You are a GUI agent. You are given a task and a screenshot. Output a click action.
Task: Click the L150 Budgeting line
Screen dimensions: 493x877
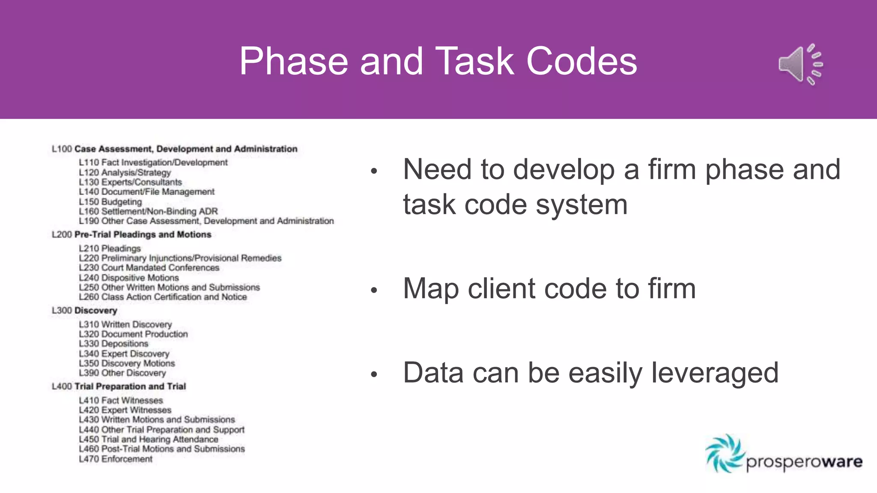(110, 202)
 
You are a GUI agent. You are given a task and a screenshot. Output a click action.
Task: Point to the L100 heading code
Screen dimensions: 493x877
(62, 149)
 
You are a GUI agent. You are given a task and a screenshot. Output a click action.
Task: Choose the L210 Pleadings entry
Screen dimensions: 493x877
(110, 248)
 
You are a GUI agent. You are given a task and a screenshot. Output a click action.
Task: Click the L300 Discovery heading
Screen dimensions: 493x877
(84, 311)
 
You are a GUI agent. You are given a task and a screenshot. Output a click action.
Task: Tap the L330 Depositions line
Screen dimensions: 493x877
(113, 344)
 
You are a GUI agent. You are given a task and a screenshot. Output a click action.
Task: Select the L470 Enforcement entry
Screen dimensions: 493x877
(116, 459)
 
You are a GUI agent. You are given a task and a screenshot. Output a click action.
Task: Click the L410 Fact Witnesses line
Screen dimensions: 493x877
(121, 400)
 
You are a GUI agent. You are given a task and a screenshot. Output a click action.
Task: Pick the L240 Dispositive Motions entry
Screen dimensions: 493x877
(128, 278)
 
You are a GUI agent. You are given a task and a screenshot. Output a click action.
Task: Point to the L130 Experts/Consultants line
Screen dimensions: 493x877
(130, 182)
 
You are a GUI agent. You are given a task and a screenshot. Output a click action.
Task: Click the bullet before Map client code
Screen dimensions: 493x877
(374, 290)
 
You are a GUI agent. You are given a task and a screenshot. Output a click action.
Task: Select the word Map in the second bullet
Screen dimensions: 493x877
(431, 288)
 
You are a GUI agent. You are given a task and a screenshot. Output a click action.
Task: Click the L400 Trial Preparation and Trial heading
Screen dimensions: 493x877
(119, 386)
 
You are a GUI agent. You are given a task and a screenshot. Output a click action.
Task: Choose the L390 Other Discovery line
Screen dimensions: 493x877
(122, 373)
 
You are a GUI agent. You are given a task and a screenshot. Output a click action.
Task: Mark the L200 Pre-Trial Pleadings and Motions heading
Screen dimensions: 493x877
(131, 235)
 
